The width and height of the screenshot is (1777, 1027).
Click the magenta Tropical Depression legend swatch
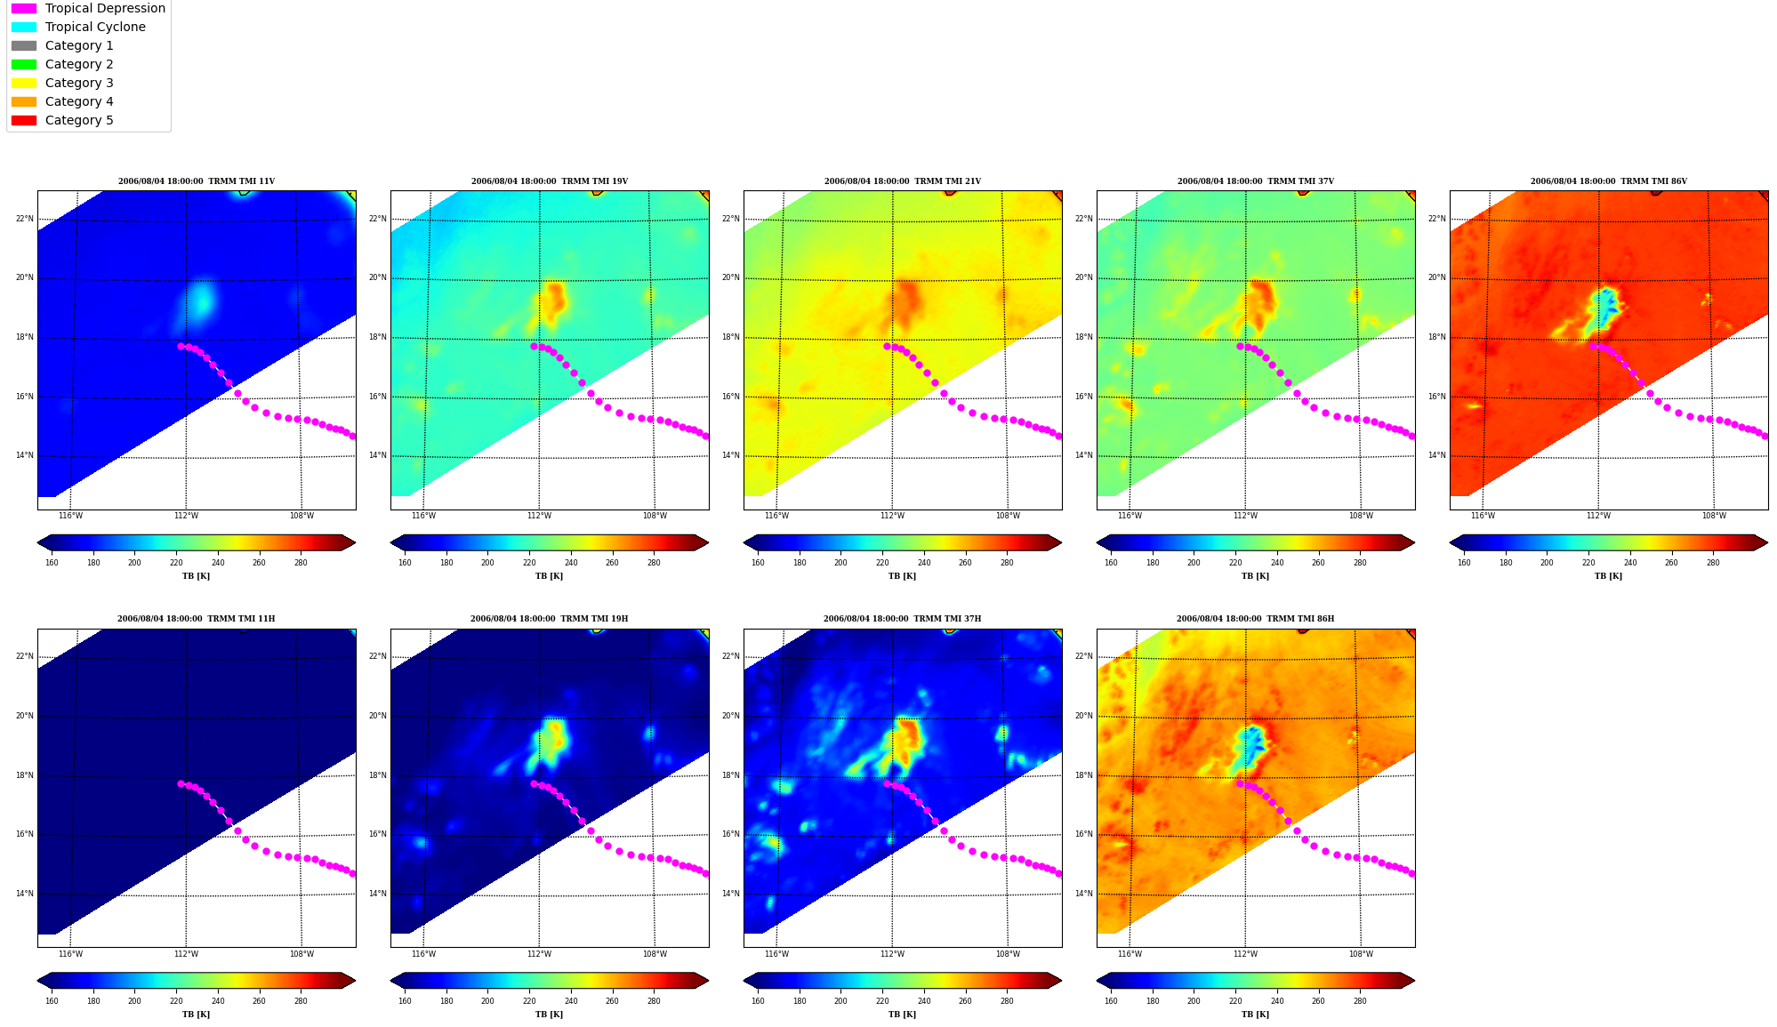24,8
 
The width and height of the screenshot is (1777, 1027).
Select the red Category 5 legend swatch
24,120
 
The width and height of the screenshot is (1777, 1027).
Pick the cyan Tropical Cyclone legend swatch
24,27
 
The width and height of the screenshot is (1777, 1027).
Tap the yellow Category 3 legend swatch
24,83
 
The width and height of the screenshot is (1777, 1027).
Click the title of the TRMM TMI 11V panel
197,181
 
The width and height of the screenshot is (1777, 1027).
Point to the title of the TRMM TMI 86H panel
1255,619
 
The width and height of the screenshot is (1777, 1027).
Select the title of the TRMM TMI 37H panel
902,619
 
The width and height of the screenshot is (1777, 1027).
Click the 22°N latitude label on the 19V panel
378,219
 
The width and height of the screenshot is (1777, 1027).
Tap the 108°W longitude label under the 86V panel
1714,516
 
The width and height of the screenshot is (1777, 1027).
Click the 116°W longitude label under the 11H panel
70,954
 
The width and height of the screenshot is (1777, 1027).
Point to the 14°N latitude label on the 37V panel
1084,455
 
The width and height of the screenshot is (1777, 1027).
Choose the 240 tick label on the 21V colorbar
924,562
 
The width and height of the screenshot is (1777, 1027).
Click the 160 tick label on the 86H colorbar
1111,1001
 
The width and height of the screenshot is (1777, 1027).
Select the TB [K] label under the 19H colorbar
549,1014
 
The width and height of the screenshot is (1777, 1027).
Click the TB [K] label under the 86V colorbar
1608,576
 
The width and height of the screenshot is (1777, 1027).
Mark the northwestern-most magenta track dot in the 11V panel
181,346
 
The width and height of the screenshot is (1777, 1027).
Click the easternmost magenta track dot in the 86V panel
1765,436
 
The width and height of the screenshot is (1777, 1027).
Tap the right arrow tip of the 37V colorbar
1414,542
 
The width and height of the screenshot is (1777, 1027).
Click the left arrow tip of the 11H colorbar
37,981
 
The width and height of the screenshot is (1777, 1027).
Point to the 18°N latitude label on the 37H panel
731,775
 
